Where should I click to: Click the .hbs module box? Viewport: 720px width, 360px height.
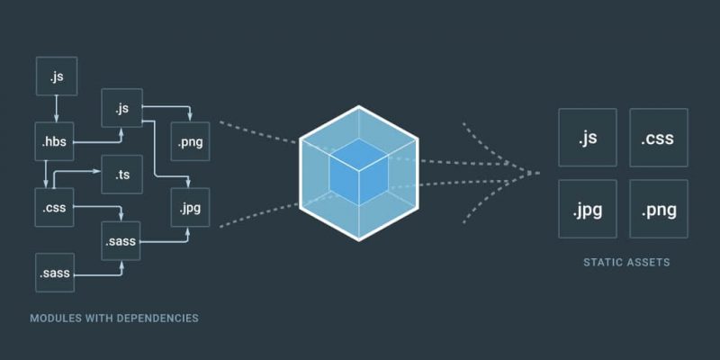point(54,141)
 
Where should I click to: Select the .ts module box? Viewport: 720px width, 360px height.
point(121,175)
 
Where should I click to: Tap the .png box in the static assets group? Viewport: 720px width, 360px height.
point(659,209)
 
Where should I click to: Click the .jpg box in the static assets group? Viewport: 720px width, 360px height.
point(588,209)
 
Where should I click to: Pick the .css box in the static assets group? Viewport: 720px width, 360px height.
point(659,138)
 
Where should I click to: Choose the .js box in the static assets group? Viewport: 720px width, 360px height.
point(588,138)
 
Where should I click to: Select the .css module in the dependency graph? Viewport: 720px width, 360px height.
point(54,207)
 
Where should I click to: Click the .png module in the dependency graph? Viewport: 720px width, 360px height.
point(190,141)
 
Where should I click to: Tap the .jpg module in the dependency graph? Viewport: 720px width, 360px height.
point(190,207)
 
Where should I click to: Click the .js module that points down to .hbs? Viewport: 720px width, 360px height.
point(57,76)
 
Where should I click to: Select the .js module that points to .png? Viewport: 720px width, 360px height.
point(121,108)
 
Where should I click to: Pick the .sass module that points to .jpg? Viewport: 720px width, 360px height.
point(121,240)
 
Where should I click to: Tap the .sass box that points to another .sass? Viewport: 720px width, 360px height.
point(55,273)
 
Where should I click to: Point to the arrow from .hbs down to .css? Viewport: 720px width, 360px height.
point(46,175)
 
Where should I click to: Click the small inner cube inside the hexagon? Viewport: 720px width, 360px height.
point(358,172)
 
